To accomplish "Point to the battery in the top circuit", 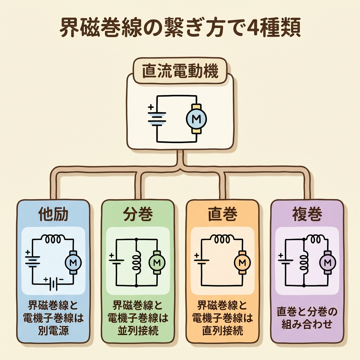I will pyautogui.click(x=156, y=118).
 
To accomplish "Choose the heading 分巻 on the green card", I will pyautogui.click(x=138, y=214).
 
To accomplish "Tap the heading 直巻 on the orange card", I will pyautogui.click(x=222, y=214).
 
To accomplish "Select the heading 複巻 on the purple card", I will pyautogui.click(x=307, y=214).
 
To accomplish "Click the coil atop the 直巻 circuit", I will pyautogui.click(x=222, y=239).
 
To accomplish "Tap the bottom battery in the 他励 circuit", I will pyautogui.click(x=53, y=283).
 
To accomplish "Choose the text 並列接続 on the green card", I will pyautogui.click(x=138, y=331).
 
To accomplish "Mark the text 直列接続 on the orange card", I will pyautogui.click(x=222, y=331).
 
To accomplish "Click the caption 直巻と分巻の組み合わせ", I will pyautogui.click(x=307, y=318).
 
